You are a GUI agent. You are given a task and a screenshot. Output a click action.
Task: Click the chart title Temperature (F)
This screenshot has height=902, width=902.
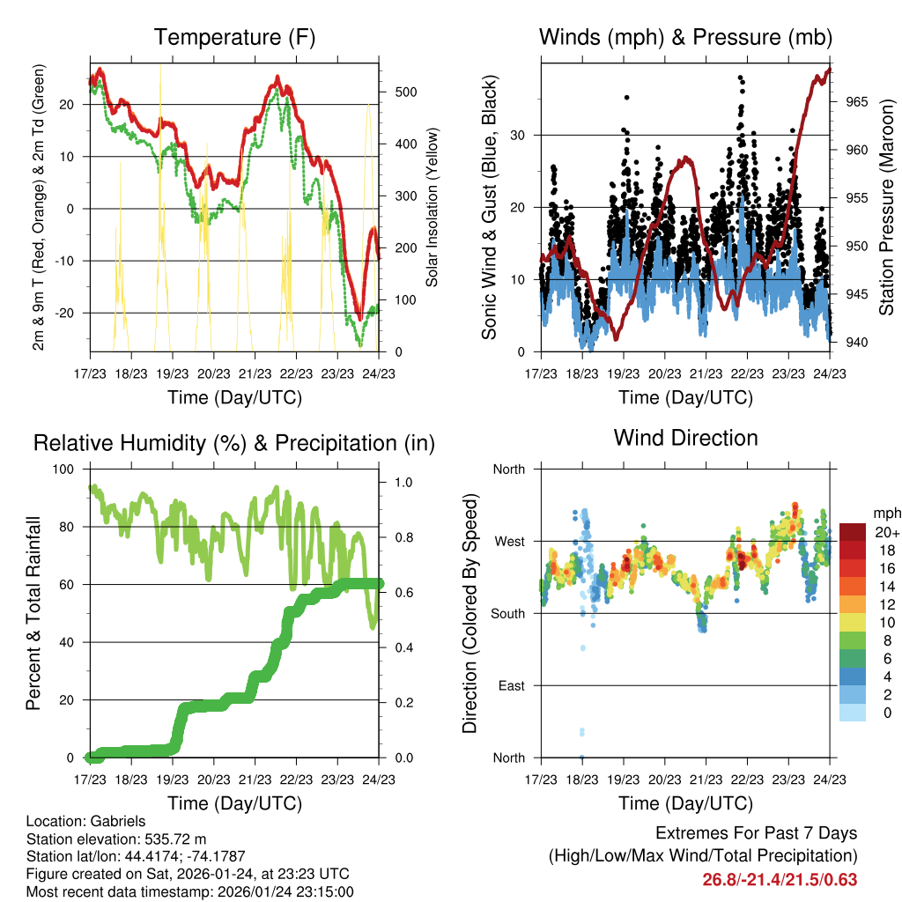click(234, 37)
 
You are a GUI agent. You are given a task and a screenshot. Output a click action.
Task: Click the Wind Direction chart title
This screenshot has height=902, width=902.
click(685, 437)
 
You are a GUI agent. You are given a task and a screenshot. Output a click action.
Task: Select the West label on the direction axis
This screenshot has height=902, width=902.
click(508, 541)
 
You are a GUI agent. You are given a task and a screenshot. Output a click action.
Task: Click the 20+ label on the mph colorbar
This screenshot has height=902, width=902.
click(885, 532)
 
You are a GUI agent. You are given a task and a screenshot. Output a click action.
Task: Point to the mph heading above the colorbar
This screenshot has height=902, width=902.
click(884, 513)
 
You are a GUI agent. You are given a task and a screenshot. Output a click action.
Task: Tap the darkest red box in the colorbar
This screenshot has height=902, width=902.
click(851, 532)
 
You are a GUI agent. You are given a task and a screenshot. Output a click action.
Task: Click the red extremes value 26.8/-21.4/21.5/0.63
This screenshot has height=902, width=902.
click(780, 879)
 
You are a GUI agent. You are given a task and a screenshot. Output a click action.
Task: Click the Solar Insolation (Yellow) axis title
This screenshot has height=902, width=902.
click(433, 207)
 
